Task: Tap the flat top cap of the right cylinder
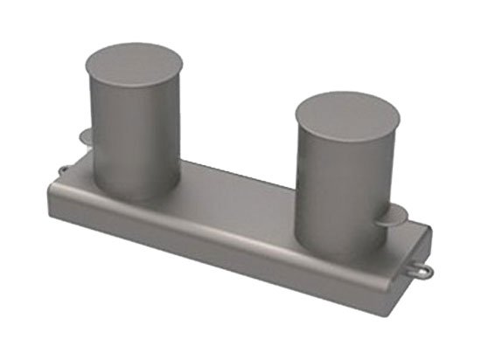tap(346, 116)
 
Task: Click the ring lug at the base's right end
tap(422, 271)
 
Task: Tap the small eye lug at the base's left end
tap(64, 168)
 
